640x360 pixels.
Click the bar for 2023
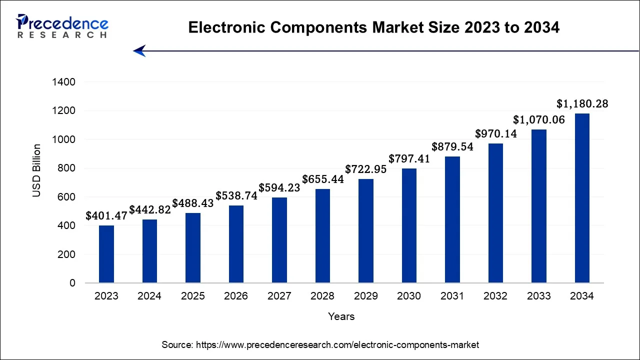106,254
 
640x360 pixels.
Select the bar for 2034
582,198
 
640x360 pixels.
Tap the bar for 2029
365,231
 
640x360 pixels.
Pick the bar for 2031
452,219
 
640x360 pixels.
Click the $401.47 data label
106,216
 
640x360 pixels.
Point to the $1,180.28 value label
582,104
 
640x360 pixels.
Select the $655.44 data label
322,179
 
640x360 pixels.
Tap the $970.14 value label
495,134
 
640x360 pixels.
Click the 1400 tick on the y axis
63,82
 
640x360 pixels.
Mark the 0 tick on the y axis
72,283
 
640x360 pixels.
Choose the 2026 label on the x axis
236,296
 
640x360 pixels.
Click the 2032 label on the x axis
495,296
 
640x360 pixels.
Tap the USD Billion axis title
37,170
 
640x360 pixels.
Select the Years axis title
341,316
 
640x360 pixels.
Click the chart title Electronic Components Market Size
373,28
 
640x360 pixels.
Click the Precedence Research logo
62,26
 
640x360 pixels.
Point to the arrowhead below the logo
139,50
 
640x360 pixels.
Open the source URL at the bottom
320,345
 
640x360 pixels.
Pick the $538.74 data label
236,196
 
